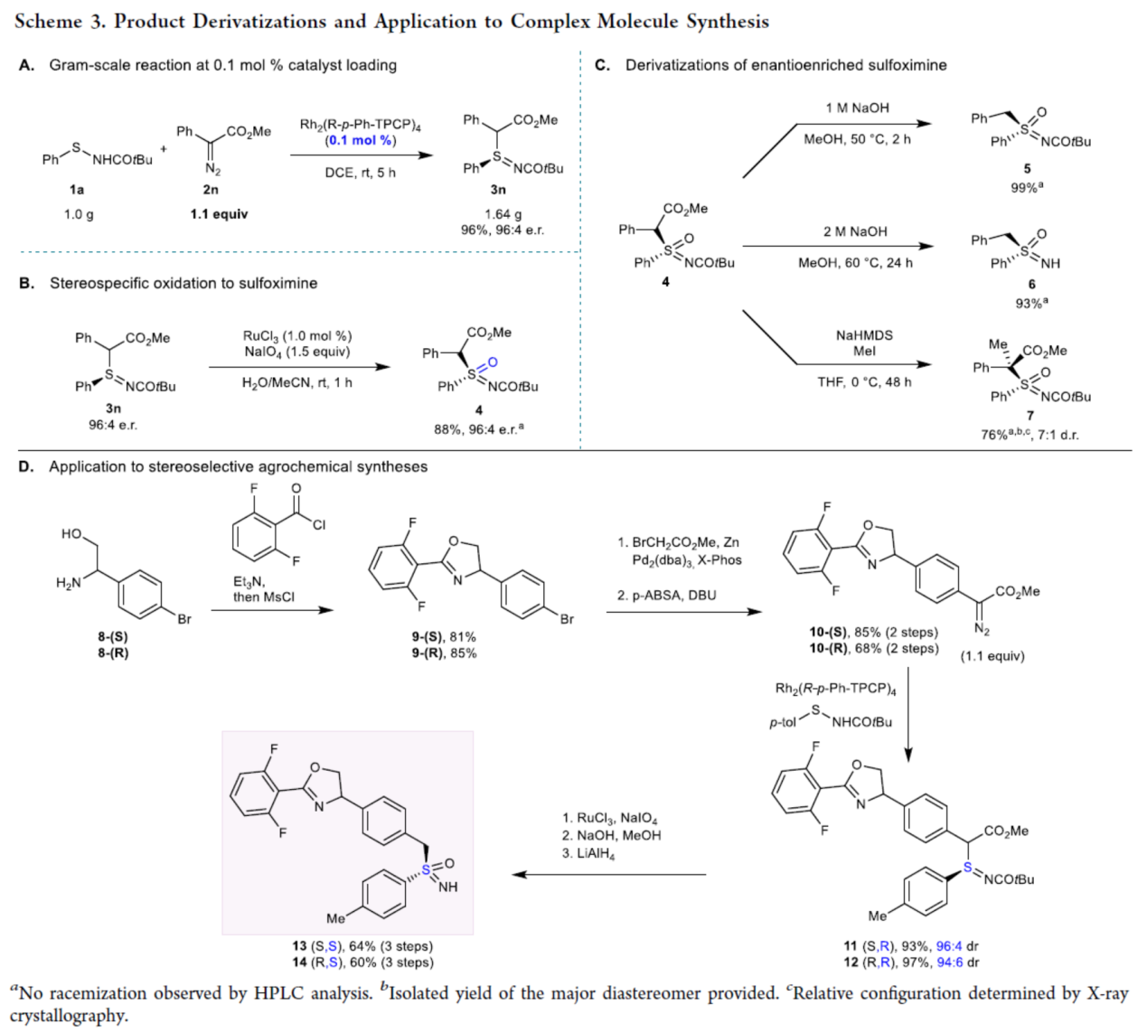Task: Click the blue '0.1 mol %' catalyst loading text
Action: (x=361, y=140)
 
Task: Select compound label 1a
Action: (x=77, y=190)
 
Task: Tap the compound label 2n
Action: (x=211, y=190)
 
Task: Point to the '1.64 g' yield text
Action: (x=503, y=214)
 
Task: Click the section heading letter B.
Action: (x=26, y=283)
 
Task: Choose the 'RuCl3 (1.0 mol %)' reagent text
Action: (x=297, y=336)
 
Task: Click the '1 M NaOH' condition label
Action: (x=857, y=108)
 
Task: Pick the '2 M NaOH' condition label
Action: (x=855, y=231)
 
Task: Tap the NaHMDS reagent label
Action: (x=864, y=335)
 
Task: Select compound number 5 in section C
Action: (x=1028, y=169)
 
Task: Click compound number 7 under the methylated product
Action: (x=1029, y=416)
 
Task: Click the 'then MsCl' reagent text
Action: (x=264, y=596)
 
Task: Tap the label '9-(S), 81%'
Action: (x=444, y=637)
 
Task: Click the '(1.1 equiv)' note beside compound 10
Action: (x=992, y=656)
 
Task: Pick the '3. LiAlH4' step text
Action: (x=588, y=853)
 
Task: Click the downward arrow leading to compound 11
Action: (x=908, y=714)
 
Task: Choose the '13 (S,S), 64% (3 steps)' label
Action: (x=362, y=946)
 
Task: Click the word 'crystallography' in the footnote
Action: (x=69, y=1016)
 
